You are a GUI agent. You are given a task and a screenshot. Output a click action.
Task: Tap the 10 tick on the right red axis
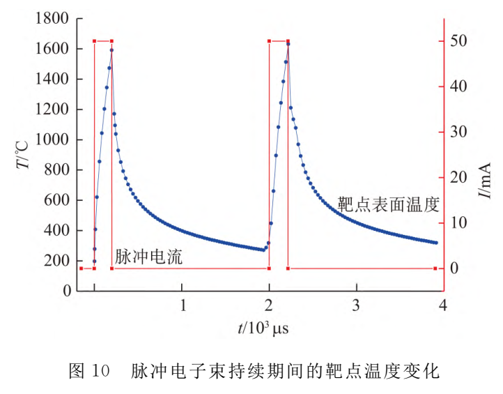[457, 223]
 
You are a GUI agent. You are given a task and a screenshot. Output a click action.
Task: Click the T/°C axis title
[22, 155]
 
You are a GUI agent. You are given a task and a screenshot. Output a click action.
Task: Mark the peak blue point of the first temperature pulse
[111, 50]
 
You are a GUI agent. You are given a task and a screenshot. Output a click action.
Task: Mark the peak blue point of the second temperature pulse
[288, 44]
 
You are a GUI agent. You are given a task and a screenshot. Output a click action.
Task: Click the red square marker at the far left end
[81, 268]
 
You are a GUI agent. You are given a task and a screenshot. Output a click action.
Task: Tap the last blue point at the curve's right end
[436, 243]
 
